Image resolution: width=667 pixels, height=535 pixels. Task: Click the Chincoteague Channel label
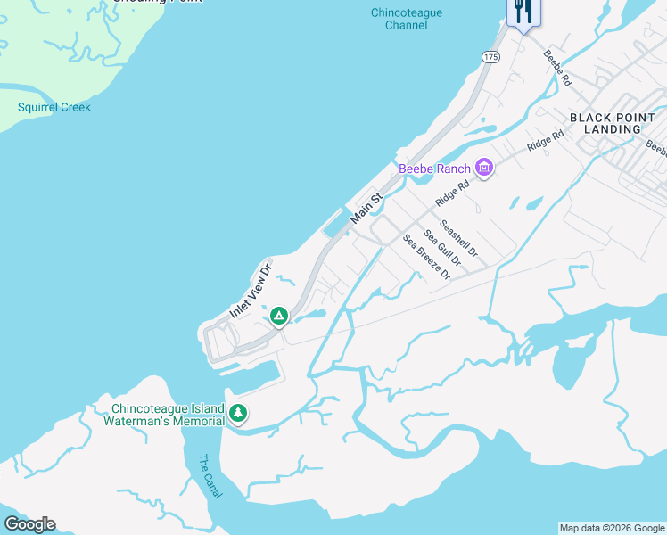click(x=407, y=19)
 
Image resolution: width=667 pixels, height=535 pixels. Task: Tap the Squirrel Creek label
click(x=54, y=108)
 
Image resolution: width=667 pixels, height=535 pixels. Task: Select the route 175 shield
click(x=490, y=56)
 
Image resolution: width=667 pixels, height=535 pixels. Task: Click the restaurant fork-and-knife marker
click(x=521, y=12)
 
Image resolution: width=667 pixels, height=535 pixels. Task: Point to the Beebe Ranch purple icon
click(x=484, y=168)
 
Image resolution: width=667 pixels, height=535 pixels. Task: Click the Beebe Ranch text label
click(x=434, y=169)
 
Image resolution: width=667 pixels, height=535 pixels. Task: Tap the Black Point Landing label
click(x=605, y=123)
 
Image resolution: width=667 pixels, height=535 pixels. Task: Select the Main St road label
click(x=366, y=208)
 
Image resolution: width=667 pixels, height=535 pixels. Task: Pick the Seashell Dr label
click(x=459, y=240)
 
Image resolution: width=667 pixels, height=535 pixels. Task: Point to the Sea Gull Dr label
click(x=442, y=248)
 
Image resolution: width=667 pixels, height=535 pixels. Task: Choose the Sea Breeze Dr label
click(x=426, y=257)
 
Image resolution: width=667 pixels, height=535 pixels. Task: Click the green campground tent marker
click(x=278, y=316)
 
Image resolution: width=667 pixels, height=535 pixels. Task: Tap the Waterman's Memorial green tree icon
click(x=237, y=412)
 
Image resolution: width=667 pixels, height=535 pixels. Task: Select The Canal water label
click(x=209, y=476)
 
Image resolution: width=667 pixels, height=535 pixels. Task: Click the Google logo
click(x=29, y=524)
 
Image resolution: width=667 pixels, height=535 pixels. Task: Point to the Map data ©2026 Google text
click(x=612, y=528)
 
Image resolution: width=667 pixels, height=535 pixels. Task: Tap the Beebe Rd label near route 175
click(x=557, y=67)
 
